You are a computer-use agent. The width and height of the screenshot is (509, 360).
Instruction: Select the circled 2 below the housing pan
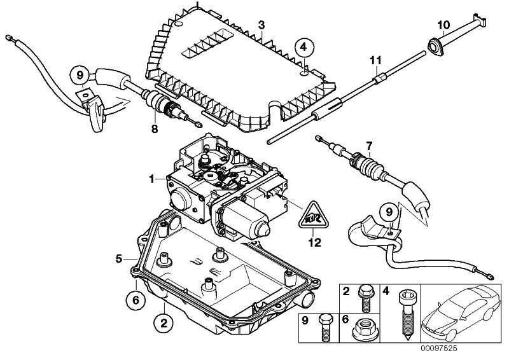pyautogui.click(x=163, y=323)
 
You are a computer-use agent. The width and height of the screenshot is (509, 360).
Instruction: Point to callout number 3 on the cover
pyautogui.click(x=261, y=24)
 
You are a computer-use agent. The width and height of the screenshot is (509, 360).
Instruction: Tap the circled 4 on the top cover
pyautogui.click(x=304, y=46)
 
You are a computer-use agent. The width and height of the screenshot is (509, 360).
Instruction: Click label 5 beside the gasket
pyautogui.click(x=118, y=258)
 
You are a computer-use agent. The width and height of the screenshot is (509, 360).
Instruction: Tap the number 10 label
pyautogui.click(x=443, y=24)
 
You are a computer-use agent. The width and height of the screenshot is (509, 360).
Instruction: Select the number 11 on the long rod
pyautogui.click(x=376, y=60)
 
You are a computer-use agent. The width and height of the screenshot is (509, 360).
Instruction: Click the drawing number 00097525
pyautogui.click(x=440, y=348)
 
